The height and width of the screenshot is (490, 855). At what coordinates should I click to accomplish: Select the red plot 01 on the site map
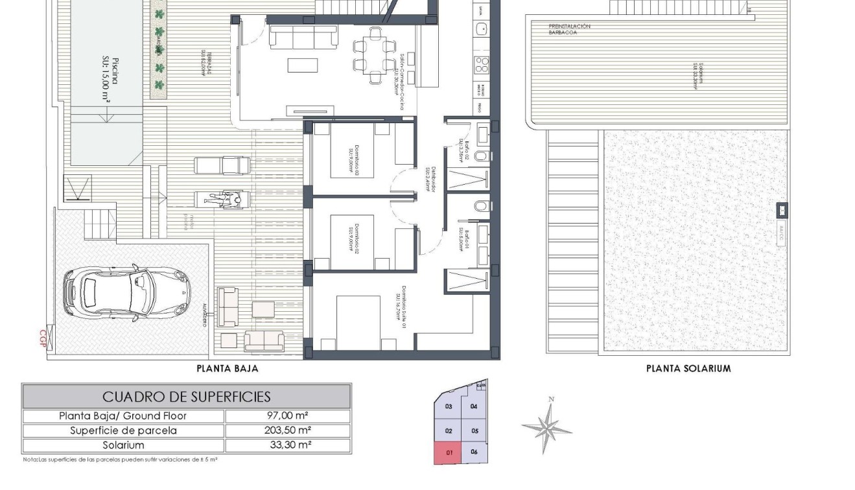(448, 452)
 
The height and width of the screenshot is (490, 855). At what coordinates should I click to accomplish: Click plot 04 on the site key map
(474, 406)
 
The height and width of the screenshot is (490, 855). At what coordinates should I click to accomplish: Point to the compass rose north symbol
(548, 426)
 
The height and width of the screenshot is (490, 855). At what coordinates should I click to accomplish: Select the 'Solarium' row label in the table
(124, 445)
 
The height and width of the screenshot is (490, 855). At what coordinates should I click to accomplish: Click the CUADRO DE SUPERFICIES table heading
(187, 396)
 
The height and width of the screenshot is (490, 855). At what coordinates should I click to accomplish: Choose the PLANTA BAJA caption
(228, 369)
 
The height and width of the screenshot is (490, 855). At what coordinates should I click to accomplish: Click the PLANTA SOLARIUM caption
(688, 369)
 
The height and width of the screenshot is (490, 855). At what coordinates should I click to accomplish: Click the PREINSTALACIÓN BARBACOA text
(570, 29)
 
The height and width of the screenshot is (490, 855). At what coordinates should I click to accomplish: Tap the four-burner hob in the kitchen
(482, 64)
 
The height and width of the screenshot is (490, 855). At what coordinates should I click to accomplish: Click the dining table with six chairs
(373, 55)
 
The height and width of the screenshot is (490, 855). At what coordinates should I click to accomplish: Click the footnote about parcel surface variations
(120, 460)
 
